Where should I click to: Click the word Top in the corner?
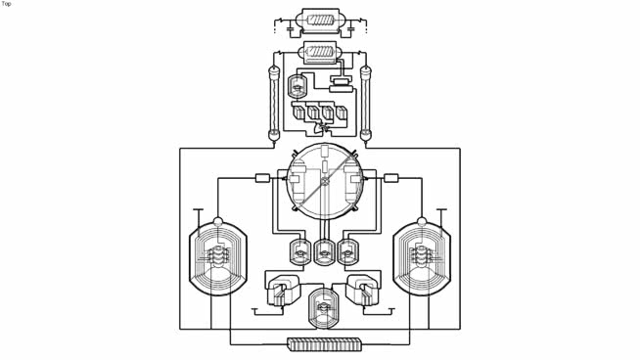tap(6, 4)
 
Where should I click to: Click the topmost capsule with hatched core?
tap(320, 20)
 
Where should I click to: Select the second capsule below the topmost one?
tap(320, 53)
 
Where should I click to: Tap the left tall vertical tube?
tap(274, 102)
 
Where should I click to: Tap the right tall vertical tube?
tap(366, 102)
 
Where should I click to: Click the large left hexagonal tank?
tap(217, 258)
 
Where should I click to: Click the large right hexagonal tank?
tap(422, 258)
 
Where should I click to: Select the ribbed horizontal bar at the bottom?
tap(325, 344)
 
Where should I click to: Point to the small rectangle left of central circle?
tap(262, 178)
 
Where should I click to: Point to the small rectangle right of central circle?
tap(391, 178)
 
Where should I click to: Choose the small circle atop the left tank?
tap(217, 222)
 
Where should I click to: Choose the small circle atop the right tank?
tap(422, 222)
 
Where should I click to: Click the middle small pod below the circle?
tap(325, 252)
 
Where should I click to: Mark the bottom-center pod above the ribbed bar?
tap(321, 308)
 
